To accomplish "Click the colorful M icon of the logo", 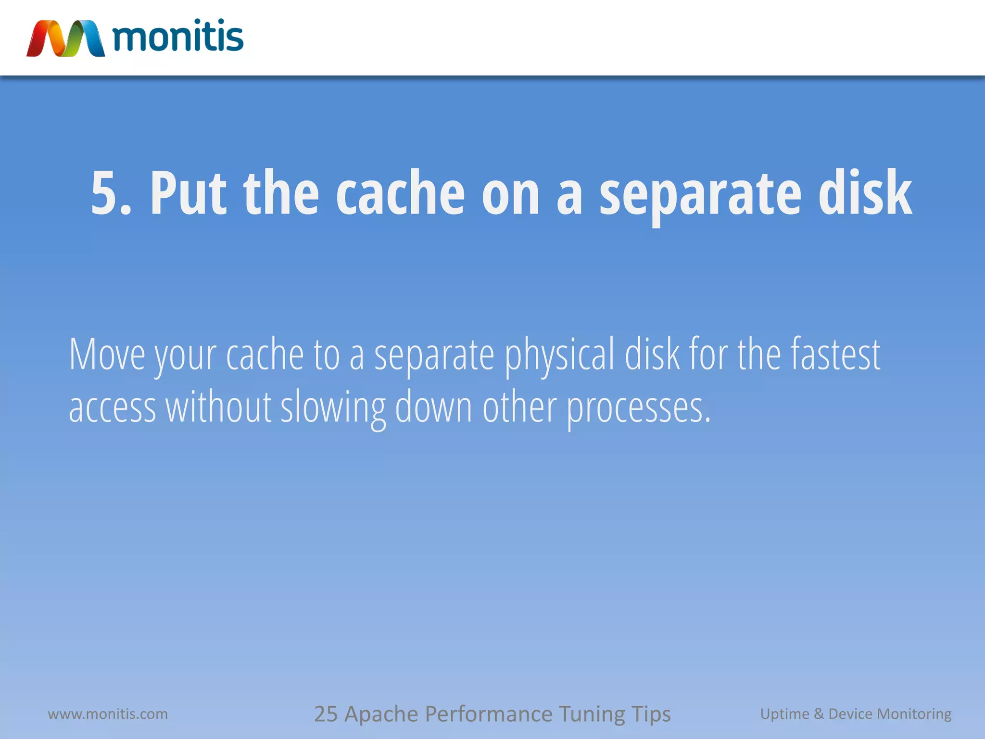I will pyautogui.click(x=65, y=38).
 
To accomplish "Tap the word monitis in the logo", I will pyautogui.click(x=178, y=37).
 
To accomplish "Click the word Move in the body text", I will pyautogui.click(x=107, y=355).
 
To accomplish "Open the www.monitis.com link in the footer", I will pyautogui.click(x=108, y=714).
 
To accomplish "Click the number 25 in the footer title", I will pyautogui.click(x=326, y=714).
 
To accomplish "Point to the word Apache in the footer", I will pyautogui.click(x=381, y=714).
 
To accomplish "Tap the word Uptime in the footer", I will pyautogui.click(x=784, y=714).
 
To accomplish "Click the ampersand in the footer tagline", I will pyautogui.click(x=819, y=714).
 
